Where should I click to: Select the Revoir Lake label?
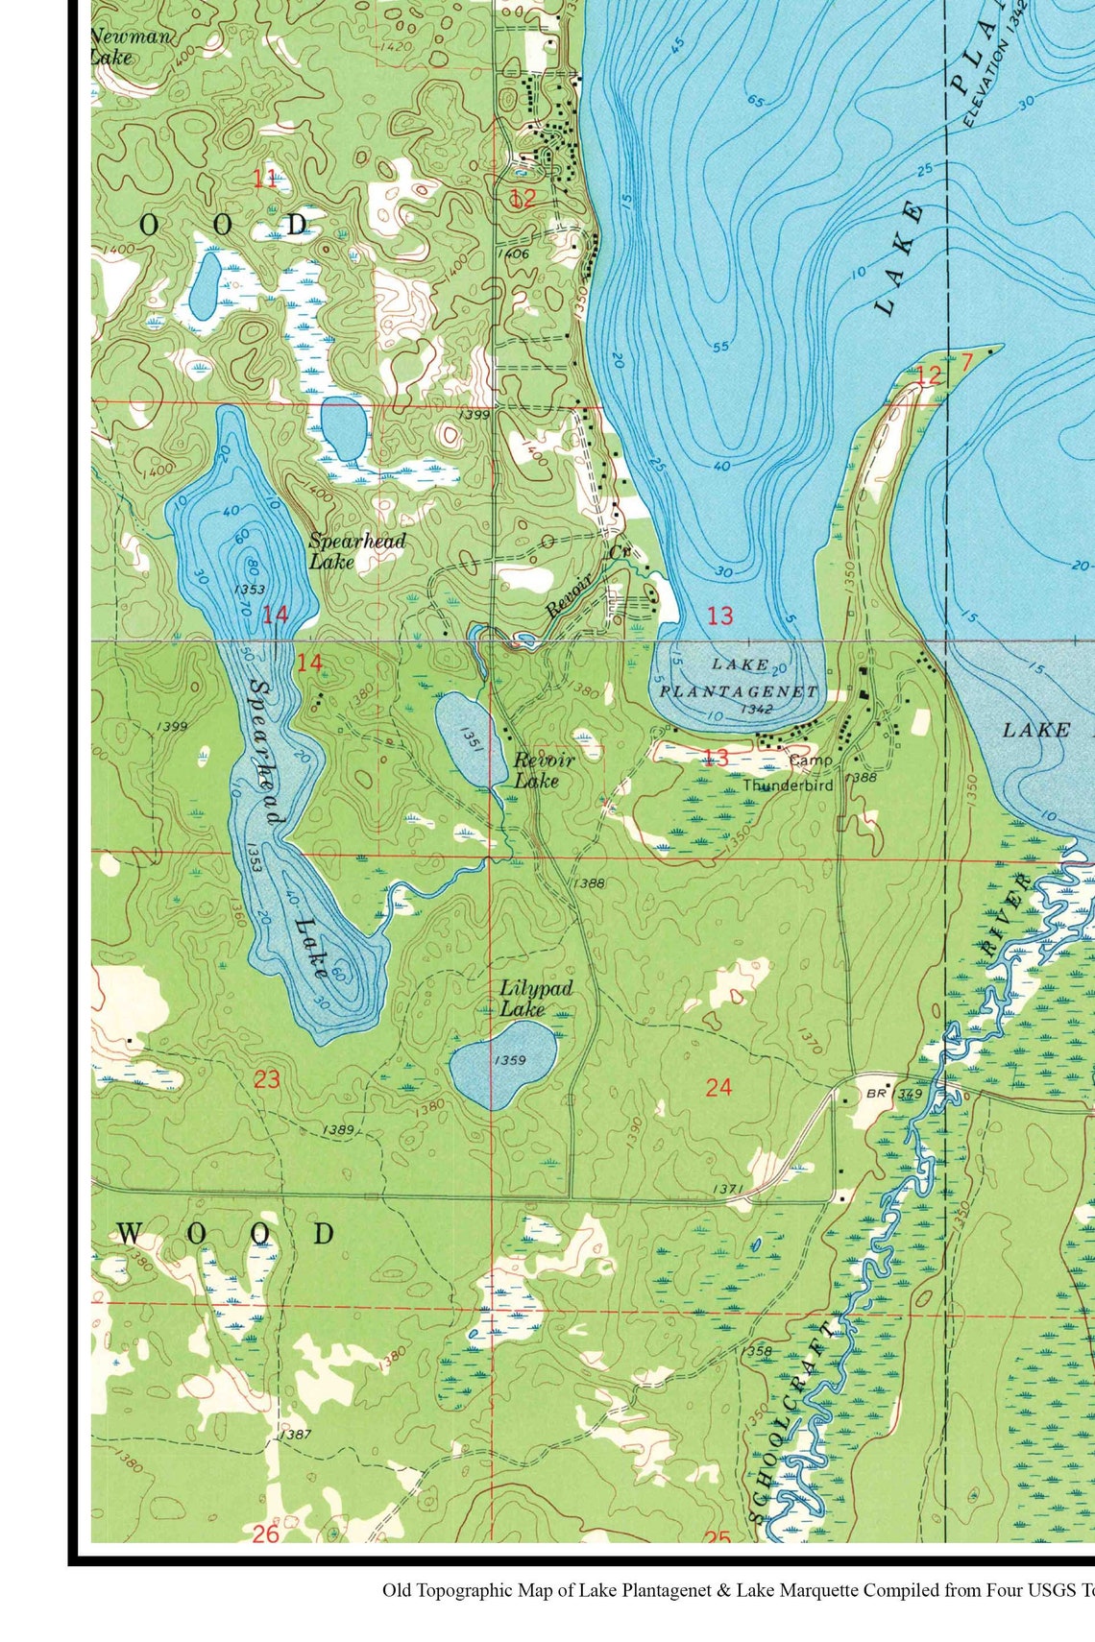pos(543,770)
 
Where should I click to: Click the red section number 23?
pos(266,1079)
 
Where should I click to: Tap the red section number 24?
pos(718,1087)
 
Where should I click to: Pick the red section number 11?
pos(264,178)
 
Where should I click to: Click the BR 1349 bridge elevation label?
pos(893,1094)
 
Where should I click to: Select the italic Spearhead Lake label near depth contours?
pos(356,550)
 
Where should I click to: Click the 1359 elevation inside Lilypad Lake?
pos(509,1060)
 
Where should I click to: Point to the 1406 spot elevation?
pos(514,254)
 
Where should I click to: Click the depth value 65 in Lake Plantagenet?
pos(755,101)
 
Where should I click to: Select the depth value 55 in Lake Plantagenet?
pos(720,347)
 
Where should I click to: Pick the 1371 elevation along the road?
pos(727,1190)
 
